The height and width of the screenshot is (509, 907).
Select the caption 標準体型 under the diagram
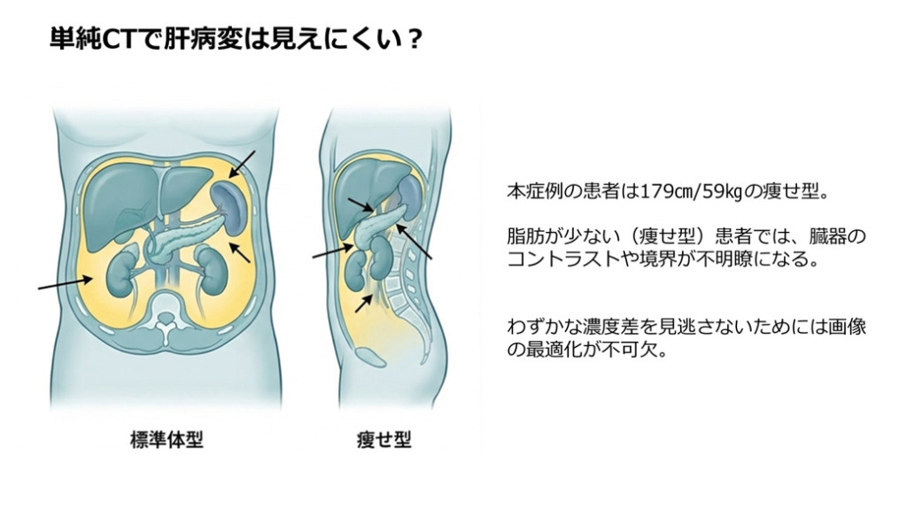pyautogui.click(x=167, y=439)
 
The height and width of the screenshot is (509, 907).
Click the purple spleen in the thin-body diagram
pyautogui.click(x=406, y=190)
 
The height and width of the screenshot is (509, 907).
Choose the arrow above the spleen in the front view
pyautogui.click(x=243, y=166)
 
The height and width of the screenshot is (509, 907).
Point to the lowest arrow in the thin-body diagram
pyautogui.click(x=363, y=301)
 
